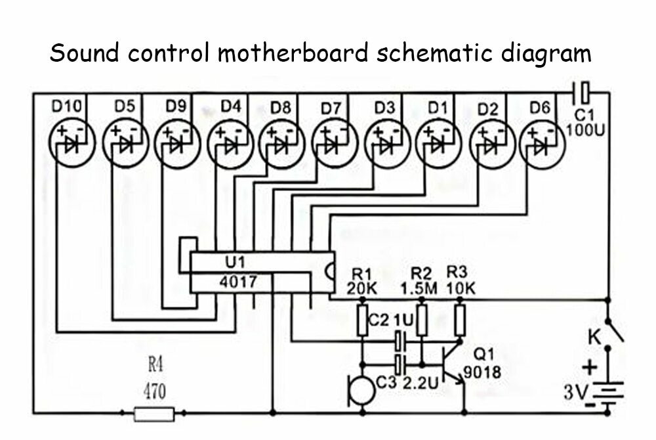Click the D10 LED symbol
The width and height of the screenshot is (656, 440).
click(x=72, y=144)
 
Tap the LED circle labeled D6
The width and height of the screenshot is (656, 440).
click(x=543, y=145)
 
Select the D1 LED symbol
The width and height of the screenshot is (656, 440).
click(x=438, y=144)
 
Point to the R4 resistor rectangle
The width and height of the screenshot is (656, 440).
click(x=154, y=414)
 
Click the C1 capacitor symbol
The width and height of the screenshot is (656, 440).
click(x=581, y=93)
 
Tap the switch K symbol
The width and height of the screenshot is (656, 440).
click(x=615, y=331)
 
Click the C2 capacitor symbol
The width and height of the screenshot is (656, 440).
click(x=400, y=341)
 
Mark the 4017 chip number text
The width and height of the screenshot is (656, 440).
click(x=238, y=282)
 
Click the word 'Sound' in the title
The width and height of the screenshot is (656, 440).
click(x=84, y=53)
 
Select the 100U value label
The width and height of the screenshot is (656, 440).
click(x=585, y=131)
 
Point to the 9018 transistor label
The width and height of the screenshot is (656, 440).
click(x=482, y=372)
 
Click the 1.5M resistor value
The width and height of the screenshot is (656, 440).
click(x=419, y=288)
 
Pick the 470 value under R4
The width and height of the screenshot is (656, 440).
click(x=154, y=392)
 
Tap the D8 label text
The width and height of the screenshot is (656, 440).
click(x=280, y=108)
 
